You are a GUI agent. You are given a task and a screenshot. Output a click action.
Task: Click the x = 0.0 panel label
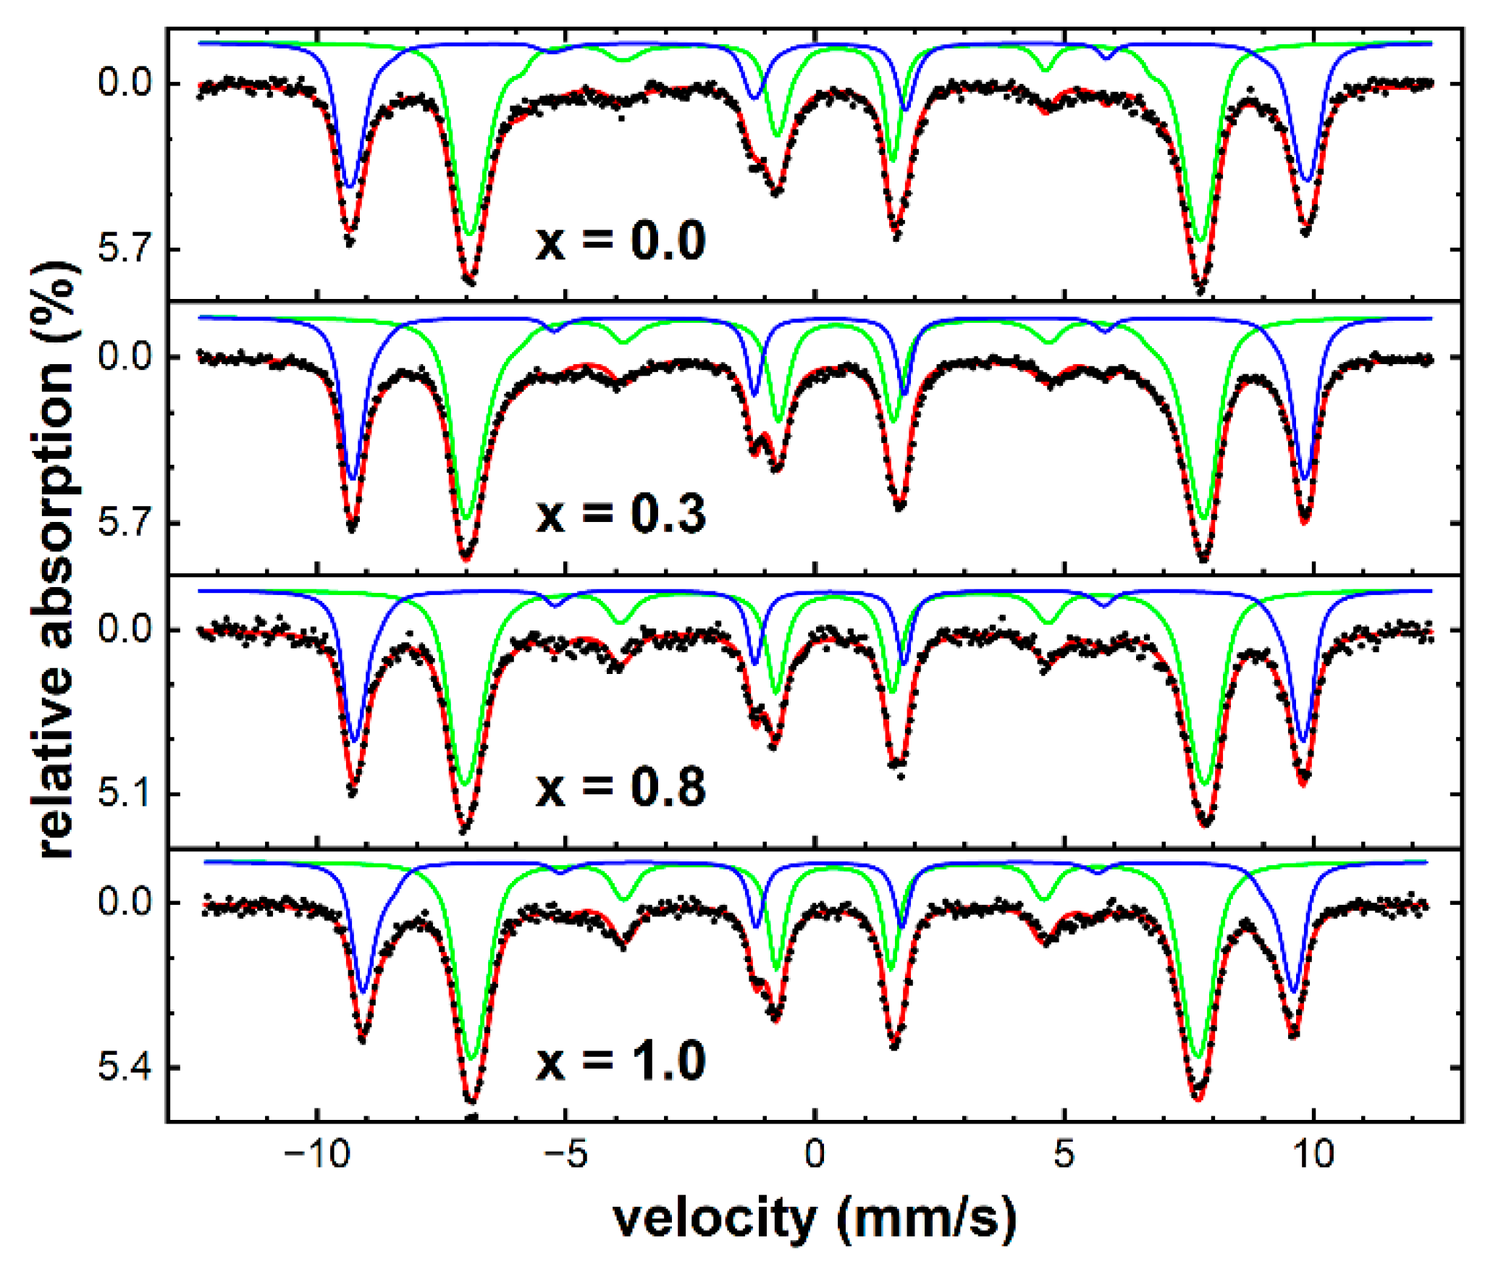tap(621, 241)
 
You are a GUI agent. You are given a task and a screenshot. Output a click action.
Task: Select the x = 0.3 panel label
tap(621, 514)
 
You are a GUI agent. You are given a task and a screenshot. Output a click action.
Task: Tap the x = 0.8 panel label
tap(621, 788)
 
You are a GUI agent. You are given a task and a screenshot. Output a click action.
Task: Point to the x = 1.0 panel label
tap(621, 1061)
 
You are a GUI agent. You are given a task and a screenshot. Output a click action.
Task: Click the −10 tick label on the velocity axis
tap(316, 1154)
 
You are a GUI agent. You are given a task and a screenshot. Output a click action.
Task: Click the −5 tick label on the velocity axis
tap(565, 1154)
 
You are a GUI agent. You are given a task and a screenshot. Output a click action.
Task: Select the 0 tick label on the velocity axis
tap(815, 1154)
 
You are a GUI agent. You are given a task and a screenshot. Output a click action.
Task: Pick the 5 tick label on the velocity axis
tap(1064, 1154)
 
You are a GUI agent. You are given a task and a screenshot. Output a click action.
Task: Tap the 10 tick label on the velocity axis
tap(1313, 1154)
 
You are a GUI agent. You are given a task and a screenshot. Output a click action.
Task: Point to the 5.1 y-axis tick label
tap(125, 794)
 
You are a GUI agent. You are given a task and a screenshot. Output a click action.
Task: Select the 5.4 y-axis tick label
tap(125, 1068)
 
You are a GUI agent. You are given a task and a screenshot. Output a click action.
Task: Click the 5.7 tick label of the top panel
tap(125, 249)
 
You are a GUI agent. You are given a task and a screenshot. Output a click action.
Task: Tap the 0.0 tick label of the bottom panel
tap(125, 903)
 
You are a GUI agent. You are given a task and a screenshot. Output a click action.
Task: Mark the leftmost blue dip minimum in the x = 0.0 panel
tap(350, 187)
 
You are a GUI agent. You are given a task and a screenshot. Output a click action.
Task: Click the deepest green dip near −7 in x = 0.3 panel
tap(467, 518)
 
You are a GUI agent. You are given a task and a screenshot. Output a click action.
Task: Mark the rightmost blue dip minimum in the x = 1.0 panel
tap(1295, 991)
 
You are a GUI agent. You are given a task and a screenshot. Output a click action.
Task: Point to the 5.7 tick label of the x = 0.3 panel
tap(125, 523)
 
